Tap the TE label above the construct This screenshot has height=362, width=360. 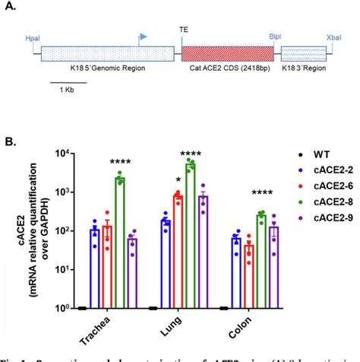pyautogui.click(x=184, y=29)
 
